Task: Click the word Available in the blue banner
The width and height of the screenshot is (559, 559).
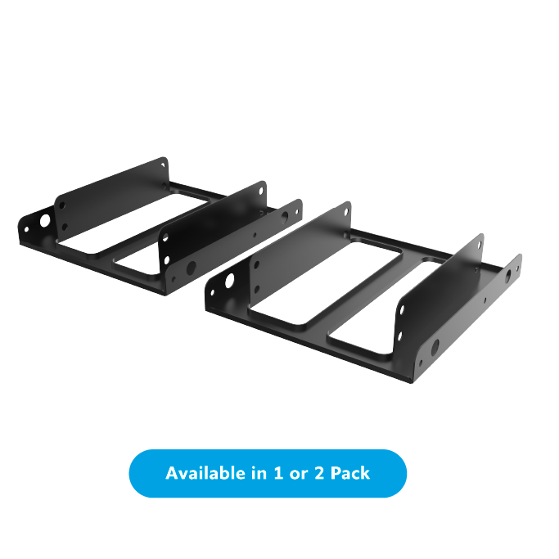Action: click(206, 473)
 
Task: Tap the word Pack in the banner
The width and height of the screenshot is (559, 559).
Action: click(350, 473)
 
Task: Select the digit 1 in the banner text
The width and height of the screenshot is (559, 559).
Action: click(278, 473)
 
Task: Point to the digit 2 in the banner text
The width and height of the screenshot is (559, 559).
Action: click(319, 473)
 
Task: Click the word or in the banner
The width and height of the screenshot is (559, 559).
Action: click(299, 476)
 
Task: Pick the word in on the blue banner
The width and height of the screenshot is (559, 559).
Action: click(259, 473)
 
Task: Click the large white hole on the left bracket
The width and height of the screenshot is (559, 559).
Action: click(45, 220)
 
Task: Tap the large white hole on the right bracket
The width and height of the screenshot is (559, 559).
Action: click(230, 281)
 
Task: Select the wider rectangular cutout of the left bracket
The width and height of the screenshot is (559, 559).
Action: click(131, 224)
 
